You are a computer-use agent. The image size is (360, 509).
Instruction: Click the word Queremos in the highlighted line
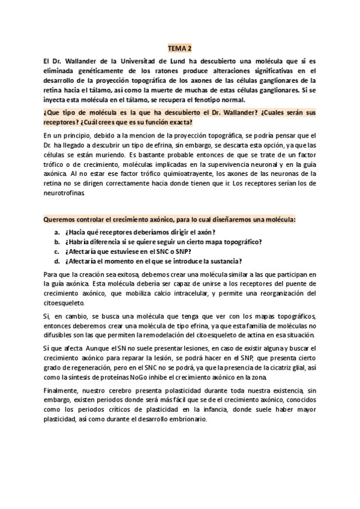59,220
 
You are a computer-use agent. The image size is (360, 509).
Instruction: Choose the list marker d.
56,261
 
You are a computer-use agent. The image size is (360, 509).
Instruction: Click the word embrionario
184,420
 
